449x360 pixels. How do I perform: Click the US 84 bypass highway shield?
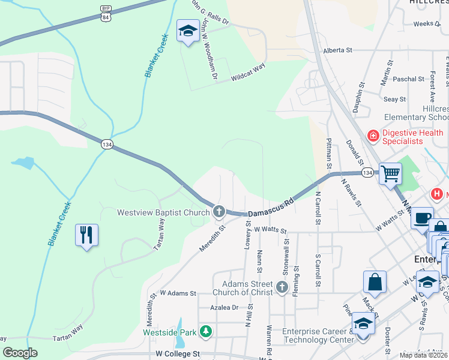click(106, 13)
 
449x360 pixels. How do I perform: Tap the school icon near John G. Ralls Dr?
click(188, 31)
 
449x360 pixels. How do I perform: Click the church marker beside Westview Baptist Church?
click(219, 211)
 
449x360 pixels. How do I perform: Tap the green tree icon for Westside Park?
click(206, 331)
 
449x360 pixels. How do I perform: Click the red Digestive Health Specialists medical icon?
click(373, 136)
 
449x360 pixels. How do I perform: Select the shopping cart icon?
click(390, 174)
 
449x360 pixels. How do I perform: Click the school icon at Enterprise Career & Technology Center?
click(363, 324)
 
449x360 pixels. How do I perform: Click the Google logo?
click(20, 353)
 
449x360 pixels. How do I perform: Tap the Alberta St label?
click(337, 51)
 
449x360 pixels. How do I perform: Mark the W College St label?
click(177, 354)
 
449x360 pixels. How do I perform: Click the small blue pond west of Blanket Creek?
click(22, 163)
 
